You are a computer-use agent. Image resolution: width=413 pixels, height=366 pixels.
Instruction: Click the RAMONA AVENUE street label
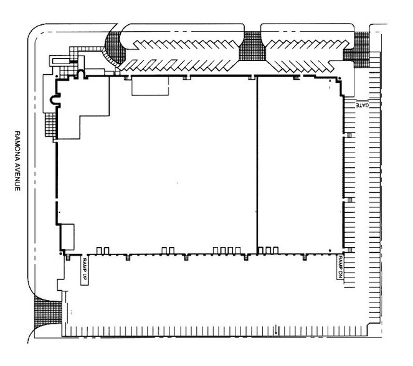point(17,161)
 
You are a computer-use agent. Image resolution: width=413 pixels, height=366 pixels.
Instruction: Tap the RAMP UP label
point(84,271)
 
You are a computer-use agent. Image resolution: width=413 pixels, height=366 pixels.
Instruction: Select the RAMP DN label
point(340,267)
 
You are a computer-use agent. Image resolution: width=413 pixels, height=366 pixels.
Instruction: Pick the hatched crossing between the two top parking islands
point(252,46)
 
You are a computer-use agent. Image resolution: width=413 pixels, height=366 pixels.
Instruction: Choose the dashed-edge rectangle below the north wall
point(150,86)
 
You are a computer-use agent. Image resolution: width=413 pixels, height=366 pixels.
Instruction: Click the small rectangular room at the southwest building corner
point(67,237)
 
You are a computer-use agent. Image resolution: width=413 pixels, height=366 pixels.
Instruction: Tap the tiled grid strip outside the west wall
point(50,124)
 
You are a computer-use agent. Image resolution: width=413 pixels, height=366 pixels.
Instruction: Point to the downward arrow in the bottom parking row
point(276,330)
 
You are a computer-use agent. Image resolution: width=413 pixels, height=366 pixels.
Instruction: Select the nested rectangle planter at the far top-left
point(60,61)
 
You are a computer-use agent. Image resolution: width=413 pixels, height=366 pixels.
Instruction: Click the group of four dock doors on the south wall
point(227,250)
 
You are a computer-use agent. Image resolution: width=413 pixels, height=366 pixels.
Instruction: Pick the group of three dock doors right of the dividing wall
point(268,250)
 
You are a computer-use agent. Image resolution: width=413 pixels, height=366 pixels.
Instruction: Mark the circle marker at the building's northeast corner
point(339,78)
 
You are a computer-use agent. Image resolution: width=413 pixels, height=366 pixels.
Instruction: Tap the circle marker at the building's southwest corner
point(61,253)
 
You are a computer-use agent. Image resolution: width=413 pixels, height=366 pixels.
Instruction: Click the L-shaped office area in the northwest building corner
point(79,105)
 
